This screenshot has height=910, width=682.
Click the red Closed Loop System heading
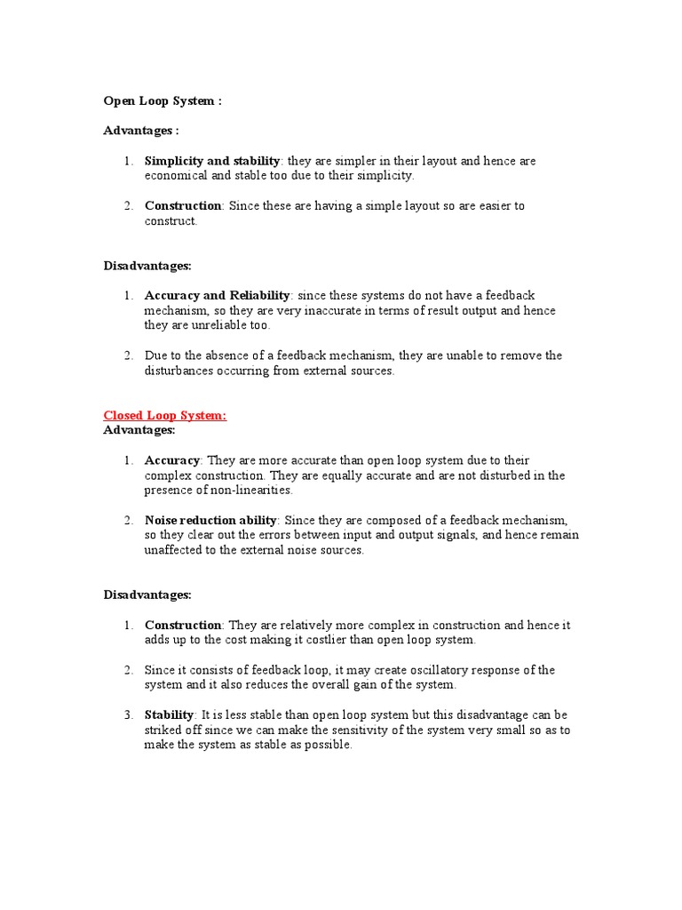[165, 415]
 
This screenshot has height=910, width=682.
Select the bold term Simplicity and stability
[212, 161]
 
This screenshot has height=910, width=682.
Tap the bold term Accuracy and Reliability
[218, 295]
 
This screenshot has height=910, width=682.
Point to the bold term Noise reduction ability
[211, 520]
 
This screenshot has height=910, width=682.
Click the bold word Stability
[169, 714]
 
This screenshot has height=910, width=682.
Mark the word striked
[165, 730]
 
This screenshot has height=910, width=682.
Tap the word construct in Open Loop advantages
[170, 220]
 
